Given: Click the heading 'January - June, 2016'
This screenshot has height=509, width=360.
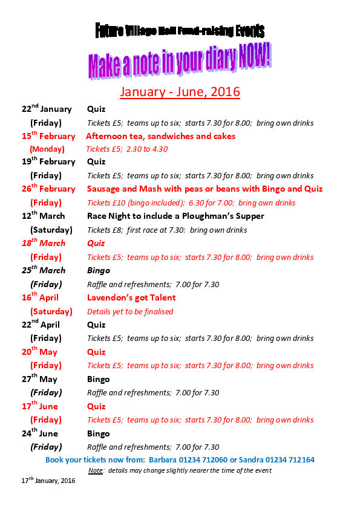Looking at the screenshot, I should pyautogui.click(x=180, y=92).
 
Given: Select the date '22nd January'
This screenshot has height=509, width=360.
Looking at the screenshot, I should pyautogui.click(x=47, y=109).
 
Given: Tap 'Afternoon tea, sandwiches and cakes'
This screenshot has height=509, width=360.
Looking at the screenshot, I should pyautogui.click(x=160, y=136).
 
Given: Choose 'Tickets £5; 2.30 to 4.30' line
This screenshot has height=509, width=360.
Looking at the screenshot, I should pyautogui.click(x=127, y=149).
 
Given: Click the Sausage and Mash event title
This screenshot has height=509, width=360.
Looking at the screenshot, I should pyautogui.click(x=205, y=189).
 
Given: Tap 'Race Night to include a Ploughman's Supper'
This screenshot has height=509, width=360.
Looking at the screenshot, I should pyautogui.click(x=175, y=216).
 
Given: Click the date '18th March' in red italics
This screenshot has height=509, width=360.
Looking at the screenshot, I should pyautogui.click(x=44, y=243).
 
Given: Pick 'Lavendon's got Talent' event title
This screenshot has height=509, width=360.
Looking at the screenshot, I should pyautogui.click(x=131, y=297).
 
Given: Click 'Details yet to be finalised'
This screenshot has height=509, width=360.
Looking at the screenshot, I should pyautogui.click(x=130, y=311).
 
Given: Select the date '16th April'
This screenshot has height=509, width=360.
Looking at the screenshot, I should pyautogui.click(x=40, y=297).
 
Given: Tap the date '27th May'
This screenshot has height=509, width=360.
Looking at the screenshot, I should pyautogui.click(x=40, y=379).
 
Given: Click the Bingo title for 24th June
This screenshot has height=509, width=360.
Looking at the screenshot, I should pyautogui.click(x=98, y=433).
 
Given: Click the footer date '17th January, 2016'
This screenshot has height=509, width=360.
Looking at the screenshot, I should pyautogui.click(x=48, y=482).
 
